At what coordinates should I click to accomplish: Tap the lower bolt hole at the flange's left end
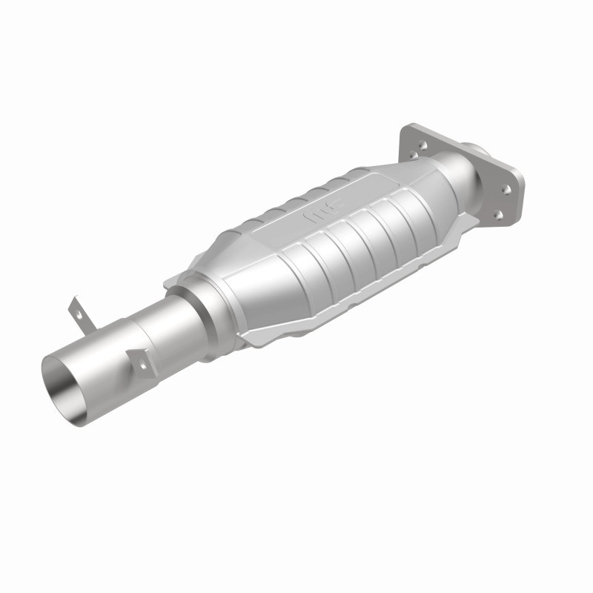coord(415,156)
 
